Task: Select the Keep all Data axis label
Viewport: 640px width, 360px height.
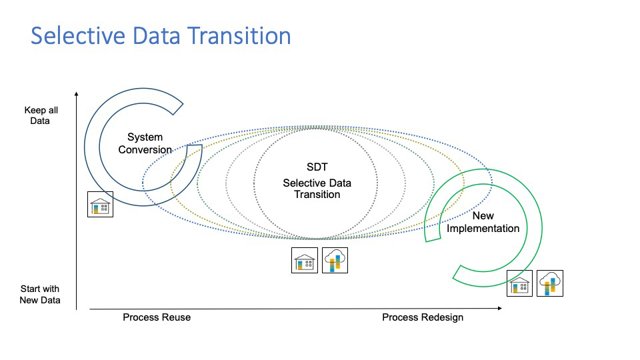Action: click(37, 115)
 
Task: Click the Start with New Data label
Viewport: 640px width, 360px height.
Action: click(40, 294)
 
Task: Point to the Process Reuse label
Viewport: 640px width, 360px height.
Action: click(157, 317)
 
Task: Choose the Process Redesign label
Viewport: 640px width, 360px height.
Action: click(423, 317)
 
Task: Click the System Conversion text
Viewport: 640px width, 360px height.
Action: click(145, 143)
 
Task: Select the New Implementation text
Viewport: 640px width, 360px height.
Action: click(483, 222)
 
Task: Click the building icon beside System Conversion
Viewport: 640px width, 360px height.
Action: click(101, 204)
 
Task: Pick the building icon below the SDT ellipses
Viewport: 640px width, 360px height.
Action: click(305, 260)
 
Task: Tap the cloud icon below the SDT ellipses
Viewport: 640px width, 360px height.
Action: click(335, 260)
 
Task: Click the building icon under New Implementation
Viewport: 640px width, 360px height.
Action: click(519, 283)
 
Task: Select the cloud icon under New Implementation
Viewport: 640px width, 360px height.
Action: click(550, 283)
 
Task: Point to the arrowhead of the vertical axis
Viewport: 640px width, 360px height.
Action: click(77, 94)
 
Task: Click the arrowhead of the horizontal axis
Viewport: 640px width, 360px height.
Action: click(499, 309)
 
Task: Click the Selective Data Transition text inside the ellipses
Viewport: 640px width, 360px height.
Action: click(317, 189)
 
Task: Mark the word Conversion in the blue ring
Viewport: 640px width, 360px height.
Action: click(145, 149)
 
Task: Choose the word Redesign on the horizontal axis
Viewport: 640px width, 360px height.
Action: click(441, 317)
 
